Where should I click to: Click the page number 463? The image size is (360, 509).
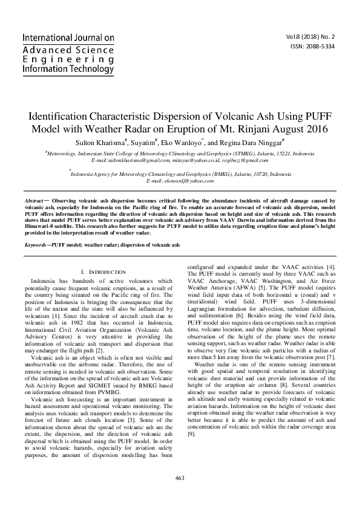click(179, 478)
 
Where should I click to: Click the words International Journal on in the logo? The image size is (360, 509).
click(68, 38)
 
